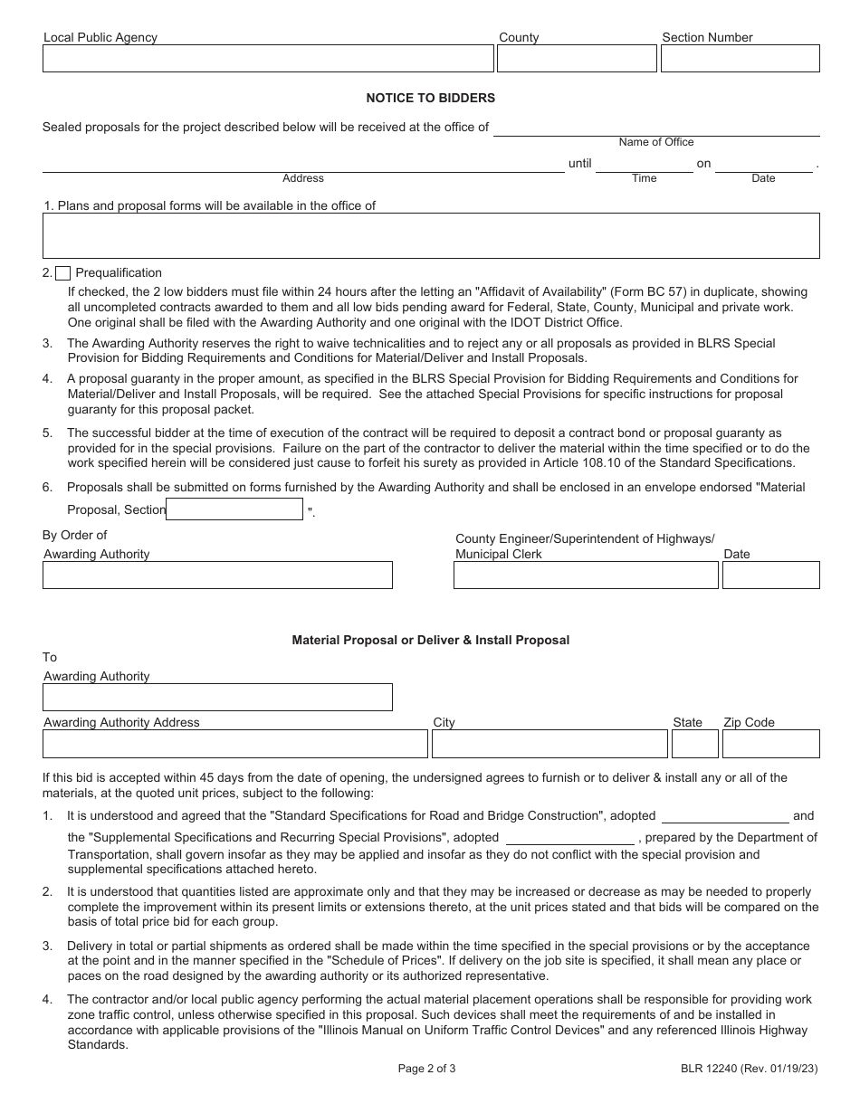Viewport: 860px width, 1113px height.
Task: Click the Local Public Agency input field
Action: click(x=268, y=59)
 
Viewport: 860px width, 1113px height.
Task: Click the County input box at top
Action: click(x=577, y=59)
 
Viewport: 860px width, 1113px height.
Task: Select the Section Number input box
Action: click(x=740, y=59)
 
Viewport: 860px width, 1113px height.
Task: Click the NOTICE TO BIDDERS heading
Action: click(x=430, y=98)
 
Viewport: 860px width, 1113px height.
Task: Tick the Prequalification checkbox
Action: click(x=62, y=273)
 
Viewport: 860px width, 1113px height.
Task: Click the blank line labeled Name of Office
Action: click(x=655, y=128)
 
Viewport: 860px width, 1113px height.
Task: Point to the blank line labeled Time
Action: click(x=644, y=164)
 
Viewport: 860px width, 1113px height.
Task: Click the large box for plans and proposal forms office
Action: click(x=431, y=236)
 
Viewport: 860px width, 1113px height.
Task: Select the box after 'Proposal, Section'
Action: click(x=234, y=509)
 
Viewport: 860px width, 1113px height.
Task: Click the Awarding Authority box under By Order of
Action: click(x=217, y=576)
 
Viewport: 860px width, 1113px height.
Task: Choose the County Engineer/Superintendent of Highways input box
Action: click(x=586, y=576)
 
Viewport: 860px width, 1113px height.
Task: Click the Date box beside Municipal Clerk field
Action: click(x=770, y=576)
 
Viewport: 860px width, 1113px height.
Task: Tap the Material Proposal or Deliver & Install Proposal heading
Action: click(x=430, y=640)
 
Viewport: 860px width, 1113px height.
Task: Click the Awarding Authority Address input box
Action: click(x=234, y=744)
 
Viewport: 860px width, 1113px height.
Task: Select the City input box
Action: click(x=549, y=744)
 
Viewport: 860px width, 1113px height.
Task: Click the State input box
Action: click(x=694, y=744)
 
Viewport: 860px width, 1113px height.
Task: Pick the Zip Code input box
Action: click(x=770, y=744)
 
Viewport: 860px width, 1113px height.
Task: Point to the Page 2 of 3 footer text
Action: click(x=426, y=1069)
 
